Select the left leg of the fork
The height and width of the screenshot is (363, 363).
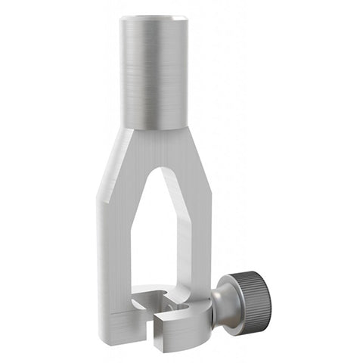114,250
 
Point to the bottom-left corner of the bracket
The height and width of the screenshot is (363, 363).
107,342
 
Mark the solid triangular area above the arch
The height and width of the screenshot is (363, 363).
155,147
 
